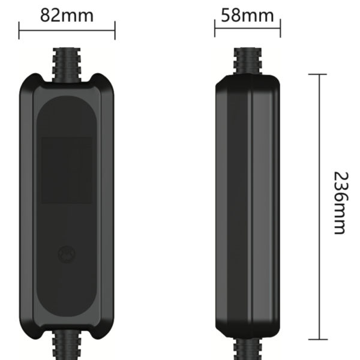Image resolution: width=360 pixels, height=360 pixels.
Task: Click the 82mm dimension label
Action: pos(67,15)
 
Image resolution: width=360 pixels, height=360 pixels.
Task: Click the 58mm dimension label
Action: pos(247,15)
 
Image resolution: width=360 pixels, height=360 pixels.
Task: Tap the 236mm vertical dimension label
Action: pos(341,203)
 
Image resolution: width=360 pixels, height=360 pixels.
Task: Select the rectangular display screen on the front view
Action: pos(67,170)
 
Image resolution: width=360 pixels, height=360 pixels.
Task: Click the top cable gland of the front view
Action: pos(67,65)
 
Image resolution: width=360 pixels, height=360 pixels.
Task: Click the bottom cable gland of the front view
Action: pos(67,345)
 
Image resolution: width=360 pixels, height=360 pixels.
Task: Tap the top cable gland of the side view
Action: pos(248,62)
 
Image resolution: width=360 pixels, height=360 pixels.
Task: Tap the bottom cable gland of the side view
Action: pos(248,349)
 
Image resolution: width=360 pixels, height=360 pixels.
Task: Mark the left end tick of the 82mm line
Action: pos(19,31)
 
